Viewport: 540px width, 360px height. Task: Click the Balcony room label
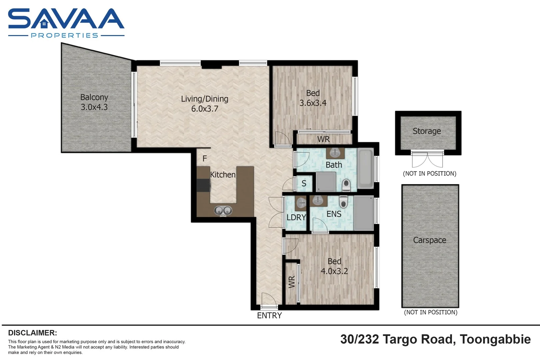click(94, 97)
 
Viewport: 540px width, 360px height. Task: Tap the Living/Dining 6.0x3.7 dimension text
click(205, 109)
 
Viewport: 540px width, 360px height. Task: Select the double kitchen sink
click(223, 211)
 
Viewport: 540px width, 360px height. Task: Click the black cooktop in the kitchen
click(203, 185)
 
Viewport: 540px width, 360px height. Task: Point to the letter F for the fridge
click(205, 159)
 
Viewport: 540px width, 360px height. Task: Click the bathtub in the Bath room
click(365, 169)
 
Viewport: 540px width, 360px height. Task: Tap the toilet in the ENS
click(343, 202)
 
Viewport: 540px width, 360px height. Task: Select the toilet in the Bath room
click(346, 184)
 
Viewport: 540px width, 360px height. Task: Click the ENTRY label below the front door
click(269, 315)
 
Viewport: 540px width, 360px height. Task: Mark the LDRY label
click(296, 217)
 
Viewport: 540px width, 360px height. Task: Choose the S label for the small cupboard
click(304, 183)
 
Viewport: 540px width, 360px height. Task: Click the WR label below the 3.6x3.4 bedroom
click(323, 139)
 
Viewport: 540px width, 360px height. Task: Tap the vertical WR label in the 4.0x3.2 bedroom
click(292, 282)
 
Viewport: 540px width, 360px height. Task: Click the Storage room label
click(427, 131)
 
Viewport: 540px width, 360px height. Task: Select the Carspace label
click(429, 240)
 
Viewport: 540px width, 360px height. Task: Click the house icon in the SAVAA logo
click(44, 24)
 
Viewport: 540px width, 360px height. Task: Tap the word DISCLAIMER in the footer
click(32, 333)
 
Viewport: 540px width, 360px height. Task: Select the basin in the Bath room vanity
click(335, 153)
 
